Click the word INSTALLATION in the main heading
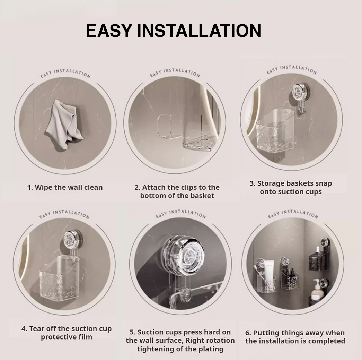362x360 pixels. click(199, 31)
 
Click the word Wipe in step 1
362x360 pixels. click(43, 187)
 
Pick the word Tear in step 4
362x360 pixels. click(37, 328)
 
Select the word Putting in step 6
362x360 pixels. click(264, 333)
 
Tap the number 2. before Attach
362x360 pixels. click(137, 187)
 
